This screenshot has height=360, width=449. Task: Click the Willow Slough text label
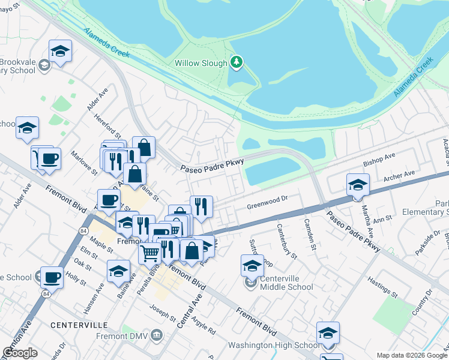tap(200, 63)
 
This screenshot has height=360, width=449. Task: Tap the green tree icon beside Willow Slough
tap(237, 62)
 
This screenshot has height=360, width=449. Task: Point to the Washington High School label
tap(273, 346)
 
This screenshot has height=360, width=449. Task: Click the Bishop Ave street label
tap(379, 159)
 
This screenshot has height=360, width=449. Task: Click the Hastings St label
tap(382, 288)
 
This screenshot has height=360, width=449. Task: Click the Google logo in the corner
tap(20, 353)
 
